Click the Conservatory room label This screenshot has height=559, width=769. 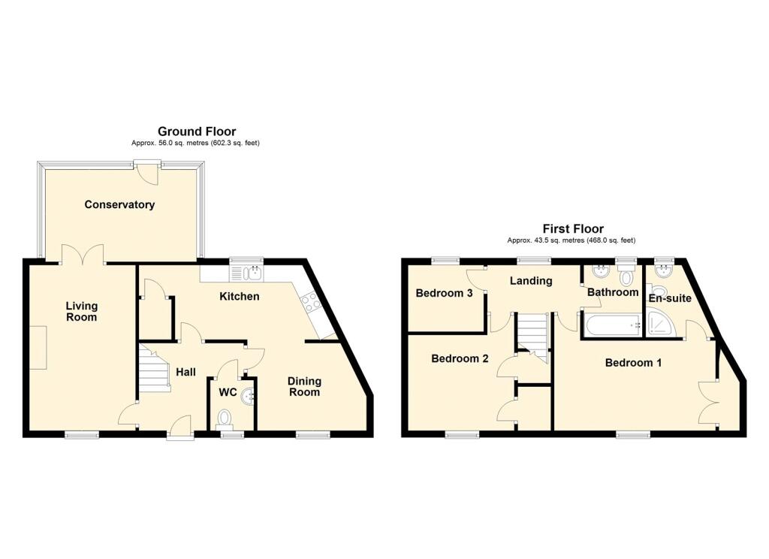click(119, 204)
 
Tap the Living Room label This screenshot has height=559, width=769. click(81, 312)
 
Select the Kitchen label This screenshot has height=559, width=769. click(240, 297)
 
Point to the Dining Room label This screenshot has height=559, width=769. click(304, 386)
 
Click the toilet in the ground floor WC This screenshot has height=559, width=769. click(225, 418)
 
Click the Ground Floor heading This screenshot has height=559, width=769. click(197, 131)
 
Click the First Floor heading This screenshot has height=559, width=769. click(573, 228)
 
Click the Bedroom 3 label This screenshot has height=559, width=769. click(444, 293)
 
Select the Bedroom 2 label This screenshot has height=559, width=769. click(460, 358)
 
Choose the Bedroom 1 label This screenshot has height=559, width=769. click(633, 363)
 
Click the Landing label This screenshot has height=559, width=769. click(531, 281)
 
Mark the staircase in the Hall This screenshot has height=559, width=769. click(153, 369)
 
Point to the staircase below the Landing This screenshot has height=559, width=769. click(533, 334)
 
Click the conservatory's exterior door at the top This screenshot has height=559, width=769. click(148, 172)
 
